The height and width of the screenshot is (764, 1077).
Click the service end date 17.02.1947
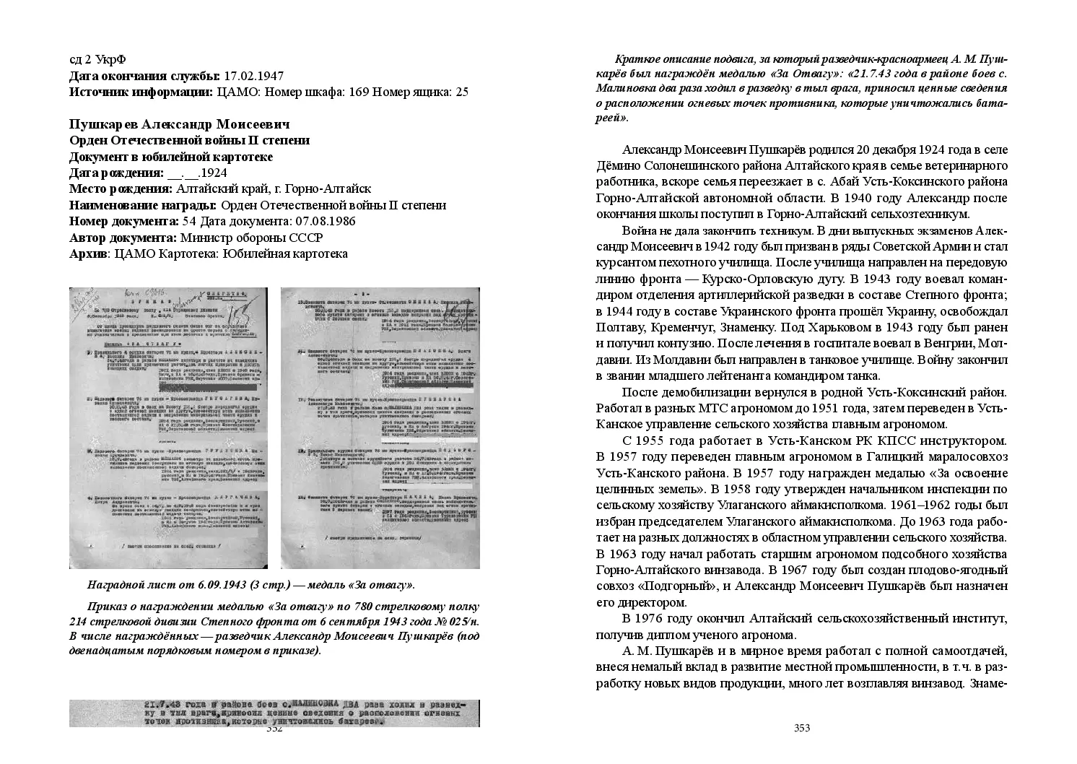[x=253, y=76]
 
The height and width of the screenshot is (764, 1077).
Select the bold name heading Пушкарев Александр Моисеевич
[x=179, y=124]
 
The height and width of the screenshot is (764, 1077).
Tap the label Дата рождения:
[x=116, y=173]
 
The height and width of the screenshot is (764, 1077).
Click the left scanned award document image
[x=168, y=427]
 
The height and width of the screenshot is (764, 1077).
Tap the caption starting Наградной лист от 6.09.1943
[x=250, y=584]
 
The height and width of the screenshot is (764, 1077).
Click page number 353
[x=802, y=728]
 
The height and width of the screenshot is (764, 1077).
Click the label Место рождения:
[x=121, y=189]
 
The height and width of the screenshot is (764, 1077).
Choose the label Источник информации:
[x=140, y=92]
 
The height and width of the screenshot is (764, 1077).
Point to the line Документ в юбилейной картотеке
[x=171, y=157]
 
